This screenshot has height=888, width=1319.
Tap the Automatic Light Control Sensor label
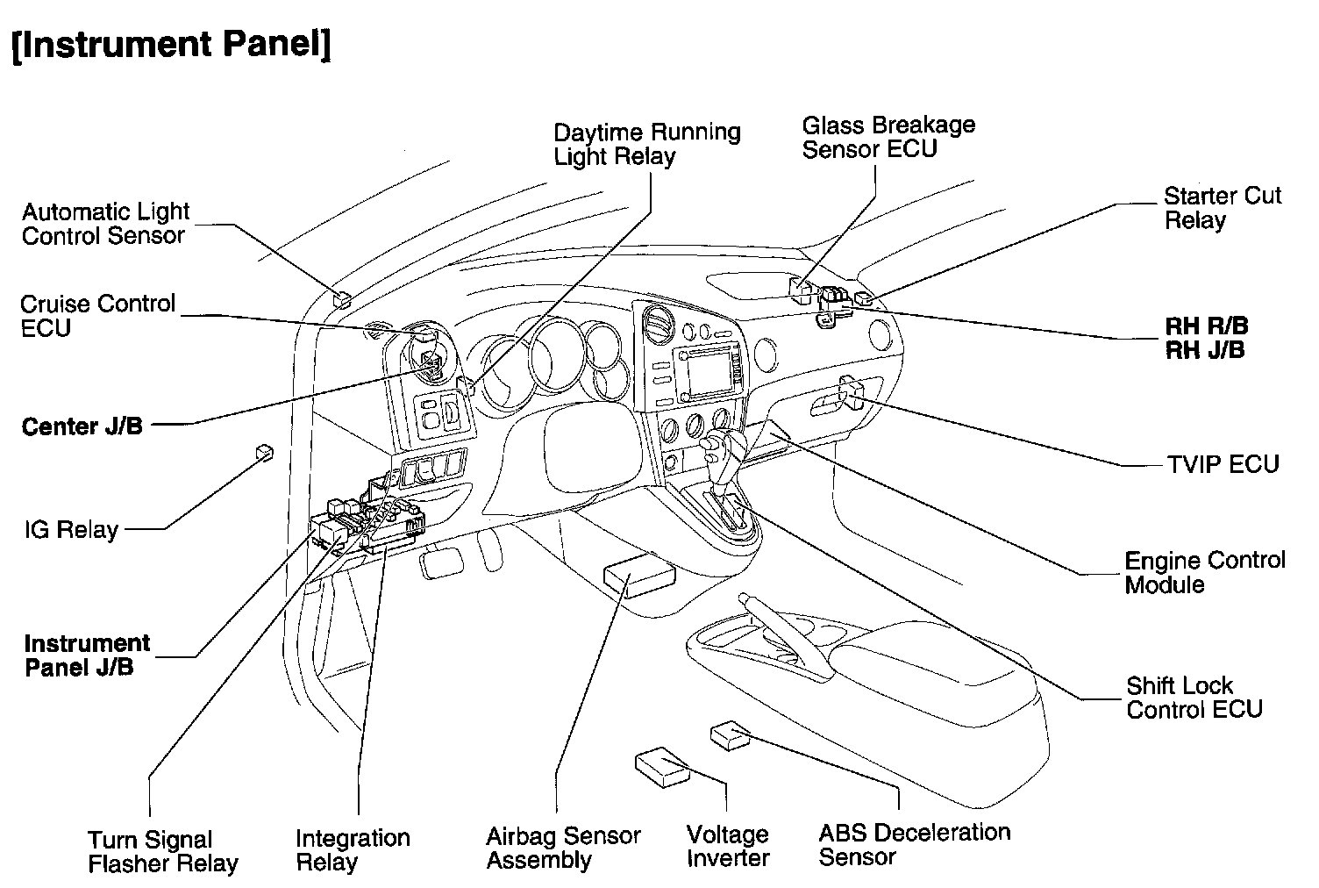[105, 224]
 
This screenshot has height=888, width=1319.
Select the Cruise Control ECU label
[97, 316]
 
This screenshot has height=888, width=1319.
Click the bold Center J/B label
[82, 426]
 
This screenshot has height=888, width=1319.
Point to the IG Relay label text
[71, 530]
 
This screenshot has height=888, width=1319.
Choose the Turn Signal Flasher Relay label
[163, 852]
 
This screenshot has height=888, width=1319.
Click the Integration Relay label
[353, 850]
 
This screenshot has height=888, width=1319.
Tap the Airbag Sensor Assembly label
[563, 848]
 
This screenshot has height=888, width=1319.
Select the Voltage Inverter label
[727, 847]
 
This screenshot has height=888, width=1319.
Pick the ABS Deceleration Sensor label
[914, 844]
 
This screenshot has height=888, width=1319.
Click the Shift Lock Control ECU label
[1194, 698]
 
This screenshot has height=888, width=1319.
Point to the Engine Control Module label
[1204, 572]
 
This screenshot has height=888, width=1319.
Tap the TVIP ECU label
[1223, 463]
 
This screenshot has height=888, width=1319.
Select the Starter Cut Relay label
[1222, 208]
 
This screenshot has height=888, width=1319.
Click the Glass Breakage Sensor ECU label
[888, 137]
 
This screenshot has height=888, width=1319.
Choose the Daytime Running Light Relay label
[646, 144]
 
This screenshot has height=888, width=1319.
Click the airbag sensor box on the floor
[639, 576]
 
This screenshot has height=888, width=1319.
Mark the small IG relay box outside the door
[262, 453]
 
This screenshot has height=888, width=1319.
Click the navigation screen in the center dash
[708, 372]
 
